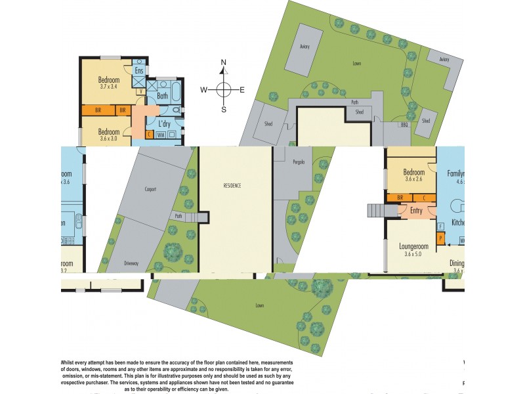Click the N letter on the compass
pyautogui.click(x=224, y=63)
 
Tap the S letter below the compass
pyautogui.click(x=224, y=110)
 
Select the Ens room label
pyautogui.click(x=139, y=71)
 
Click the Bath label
pyautogui.click(x=162, y=96)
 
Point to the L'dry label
pyautogui.click(x=165, y=123)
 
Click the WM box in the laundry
pyautogui.click(x=161, y=135)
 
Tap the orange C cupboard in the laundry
pyautogui.click(x=150, y=135)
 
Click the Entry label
pyautogui.click(x=416, y=211)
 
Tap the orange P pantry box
pyautogui.click(x=440, y=238)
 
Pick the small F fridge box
pyautogui.click(x=440, y=226)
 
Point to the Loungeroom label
pyautogui.click(x=413, y=247)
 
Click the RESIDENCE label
pyautogui.click(x=231, y=186)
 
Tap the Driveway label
pyautogui.click(x=131, y=263)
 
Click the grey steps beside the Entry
pyautogui.click(x=375, y=211)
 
